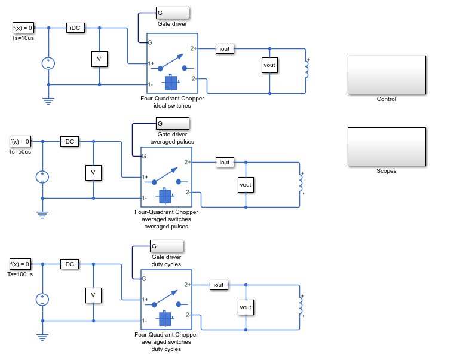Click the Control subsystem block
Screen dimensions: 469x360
(x=387, y=75)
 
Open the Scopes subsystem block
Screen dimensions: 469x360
(x=387, y=147)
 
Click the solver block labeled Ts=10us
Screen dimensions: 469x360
(x=23, y=28)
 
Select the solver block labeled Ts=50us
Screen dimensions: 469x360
(x=20, y=141)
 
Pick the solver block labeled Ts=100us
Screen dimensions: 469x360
(x=20, y=264)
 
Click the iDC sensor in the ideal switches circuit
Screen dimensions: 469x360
(x=75, y=28)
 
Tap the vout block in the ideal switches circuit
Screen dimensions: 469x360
(x=269, y=65)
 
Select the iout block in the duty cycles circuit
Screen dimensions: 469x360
(x=219, y=285)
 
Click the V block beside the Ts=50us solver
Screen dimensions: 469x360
(x=93, y=173)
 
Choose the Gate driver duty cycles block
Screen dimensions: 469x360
(x=167, y=246)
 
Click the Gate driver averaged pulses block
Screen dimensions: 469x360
(x=173, y=123)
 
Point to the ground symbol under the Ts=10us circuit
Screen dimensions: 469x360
(x=48, y=101)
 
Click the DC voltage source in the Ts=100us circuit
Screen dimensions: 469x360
(x=42, y=300)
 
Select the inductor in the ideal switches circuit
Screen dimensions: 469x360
(x=307, y=69)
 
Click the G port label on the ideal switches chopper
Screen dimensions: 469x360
(x=150, y=42)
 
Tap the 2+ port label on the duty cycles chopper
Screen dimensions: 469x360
(x=188, y=285)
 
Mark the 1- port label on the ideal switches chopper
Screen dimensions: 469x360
(x=151, y=84)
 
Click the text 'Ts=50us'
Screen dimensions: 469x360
(x=20, y=152)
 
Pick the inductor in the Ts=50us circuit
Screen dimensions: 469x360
(x=301, y=183)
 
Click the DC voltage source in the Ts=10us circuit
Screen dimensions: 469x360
(x=48, y=63)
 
